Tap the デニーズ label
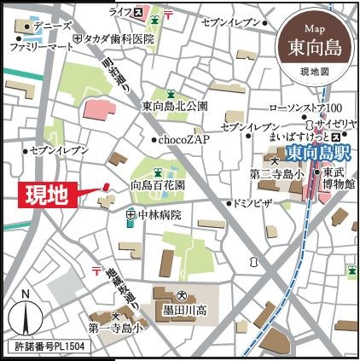(x=50, y=26)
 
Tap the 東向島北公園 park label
(x=175, y=107)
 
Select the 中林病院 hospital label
(x=158, y=215)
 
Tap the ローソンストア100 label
(x=305, y=107)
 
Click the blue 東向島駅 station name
(x=319, y=154)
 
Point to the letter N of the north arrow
(x=26, y=294)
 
